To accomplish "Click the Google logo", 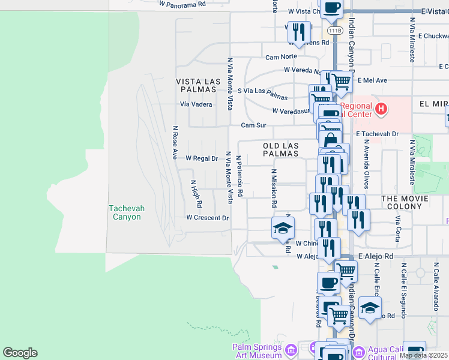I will [x=20, y=353].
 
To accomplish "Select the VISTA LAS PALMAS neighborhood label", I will [x=196, y=85].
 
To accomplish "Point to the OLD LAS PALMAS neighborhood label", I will [x=281, y=149].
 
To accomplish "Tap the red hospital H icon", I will [x=381, y=109].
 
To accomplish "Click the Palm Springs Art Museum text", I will [x=257, y=351].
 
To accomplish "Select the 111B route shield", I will [x=335, y=29].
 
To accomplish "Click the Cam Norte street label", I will [x=282, y=58].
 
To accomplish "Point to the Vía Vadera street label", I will [x=196, y=104].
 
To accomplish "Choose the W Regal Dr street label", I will [x=201, y=158].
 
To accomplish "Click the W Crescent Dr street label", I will [x=208, y=218].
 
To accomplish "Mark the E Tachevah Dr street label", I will [x=376, y=134].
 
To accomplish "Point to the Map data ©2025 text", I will [x=423, y=355].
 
